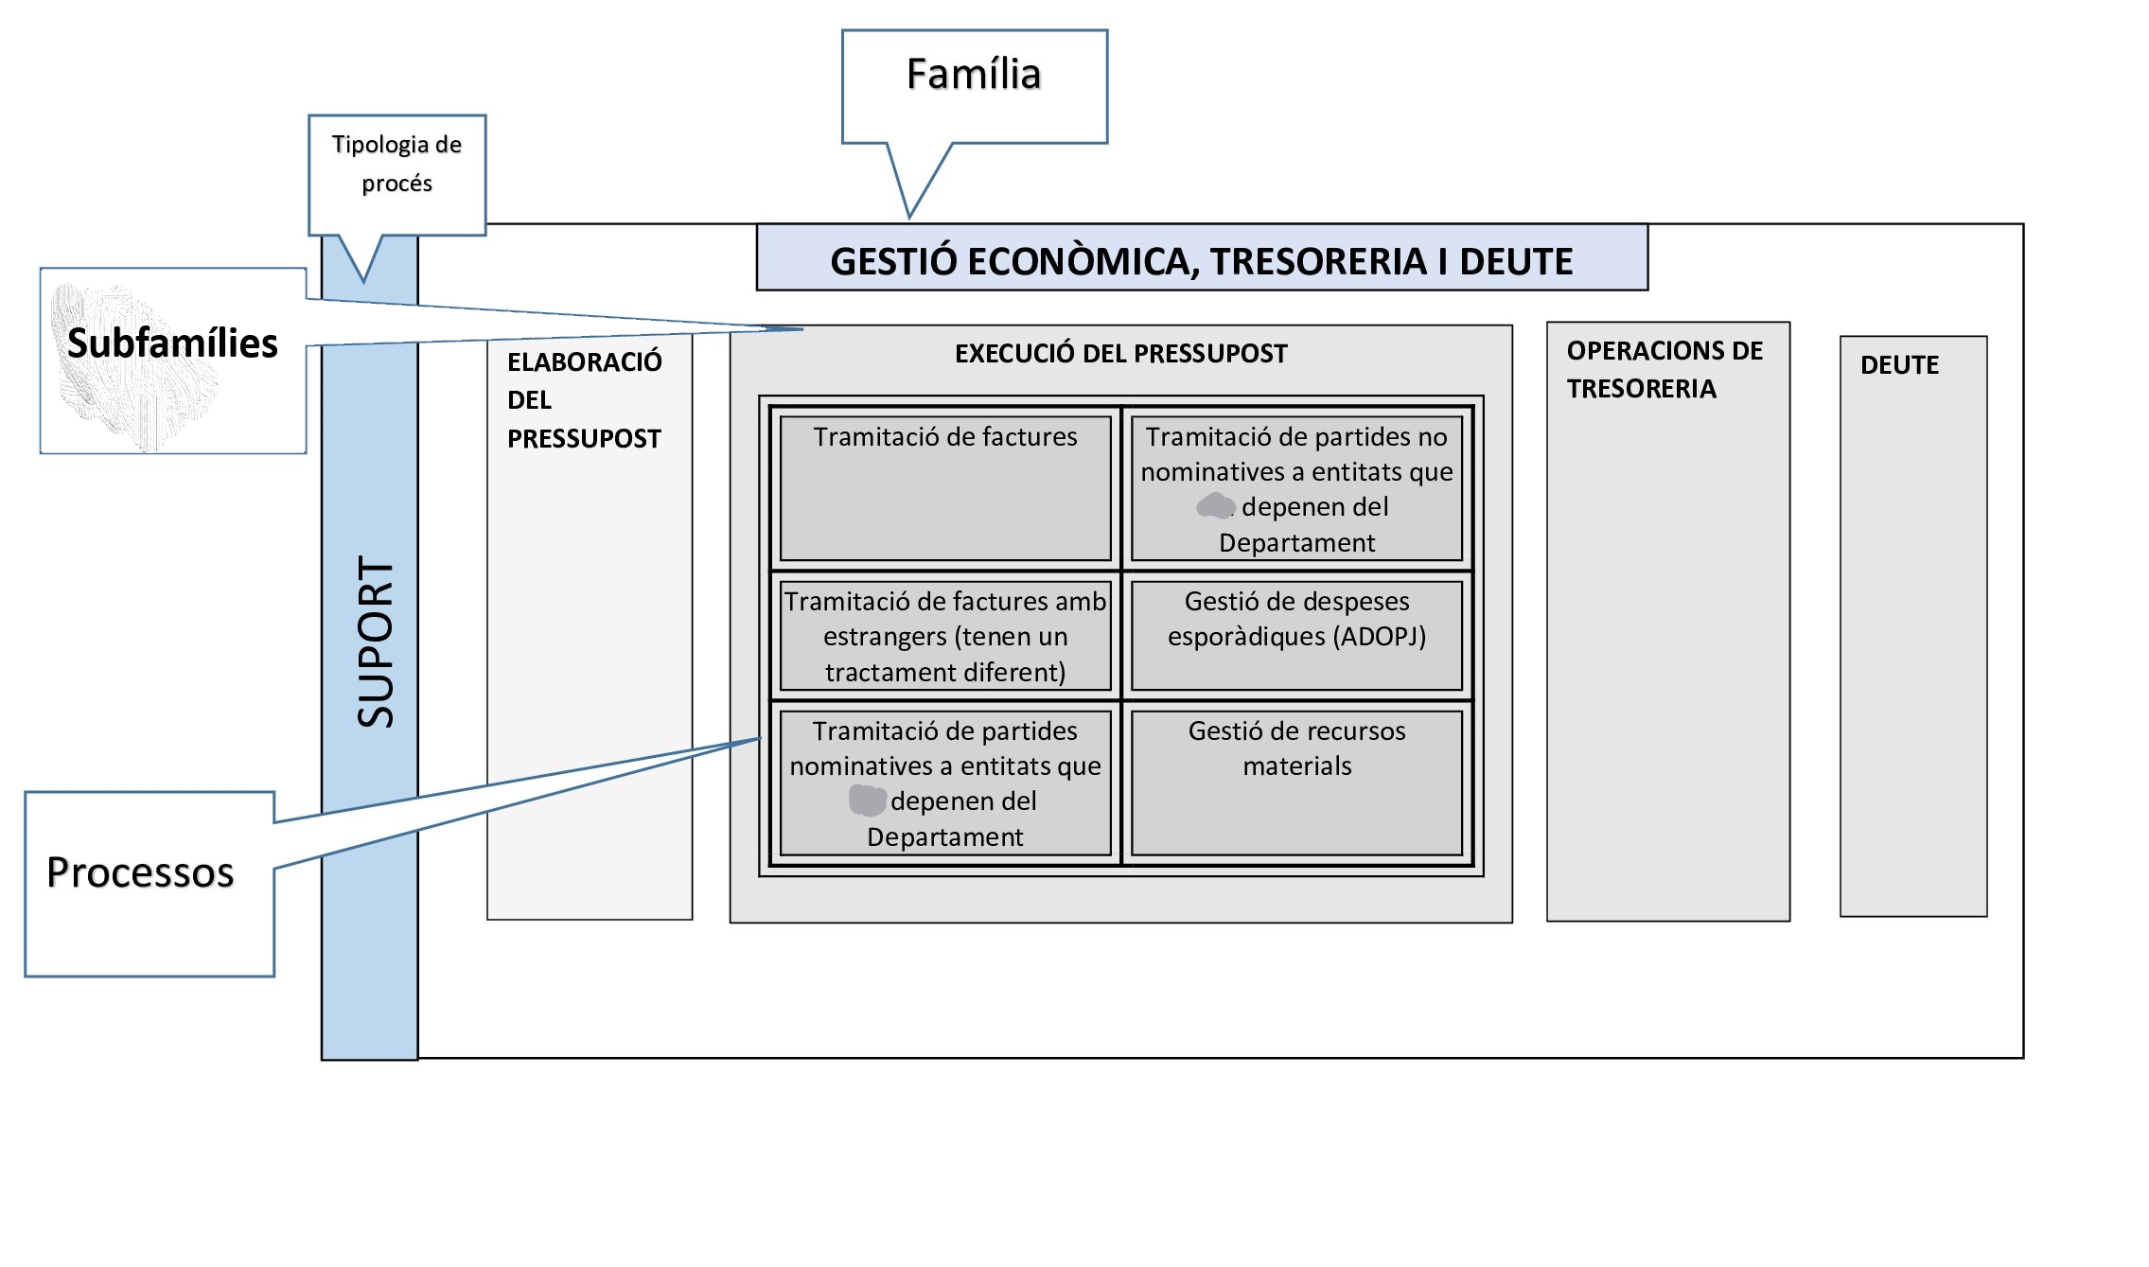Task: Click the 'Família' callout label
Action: [x=974, y=75]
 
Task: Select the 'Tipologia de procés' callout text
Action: [x=396, y=164]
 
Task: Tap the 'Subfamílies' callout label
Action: [x=172, y=343]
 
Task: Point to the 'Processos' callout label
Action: [x=140, y=872]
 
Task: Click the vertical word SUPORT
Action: [x=375, y=642]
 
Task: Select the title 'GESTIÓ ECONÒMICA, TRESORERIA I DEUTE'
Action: [x=1201, y=261]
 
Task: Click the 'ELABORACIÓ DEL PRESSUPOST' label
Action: [x=584, y=400]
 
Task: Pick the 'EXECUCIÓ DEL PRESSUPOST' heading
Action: [x=1120, y=354]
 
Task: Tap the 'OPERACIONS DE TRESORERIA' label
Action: [x=1664, y=370]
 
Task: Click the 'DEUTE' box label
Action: [x=1899, y=365]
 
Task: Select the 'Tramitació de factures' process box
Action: [x=945, y=487]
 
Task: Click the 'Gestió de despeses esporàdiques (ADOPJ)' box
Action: [x=1296, y=635]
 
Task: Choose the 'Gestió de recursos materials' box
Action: [x=1296, y=783]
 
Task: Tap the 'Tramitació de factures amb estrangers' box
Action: [x=945, y=636]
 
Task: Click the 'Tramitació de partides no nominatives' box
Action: [x=1296, y=488]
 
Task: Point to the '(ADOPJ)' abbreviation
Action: [x=1379, y=637]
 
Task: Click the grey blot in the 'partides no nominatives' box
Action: [x=1215, y=506]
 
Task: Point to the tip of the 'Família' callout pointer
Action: [x=909, y=217]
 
